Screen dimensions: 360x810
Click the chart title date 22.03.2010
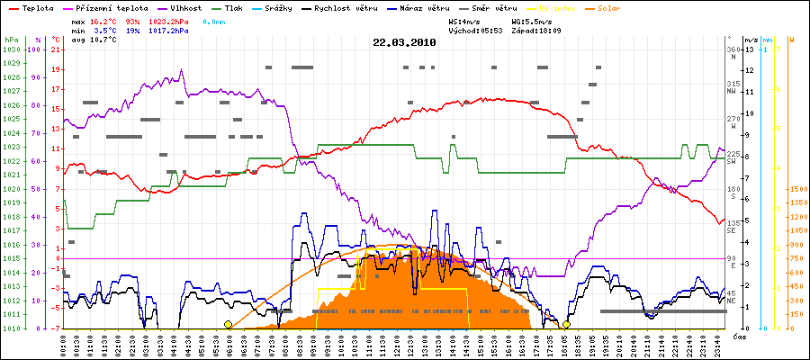pos(404,42)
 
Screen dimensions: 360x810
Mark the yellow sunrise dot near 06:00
pos(228,325)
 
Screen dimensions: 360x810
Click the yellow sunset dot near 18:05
pos(566,325)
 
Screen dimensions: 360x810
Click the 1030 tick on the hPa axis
pos(11,49)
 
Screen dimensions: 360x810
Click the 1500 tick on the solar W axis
pos(797,190)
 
